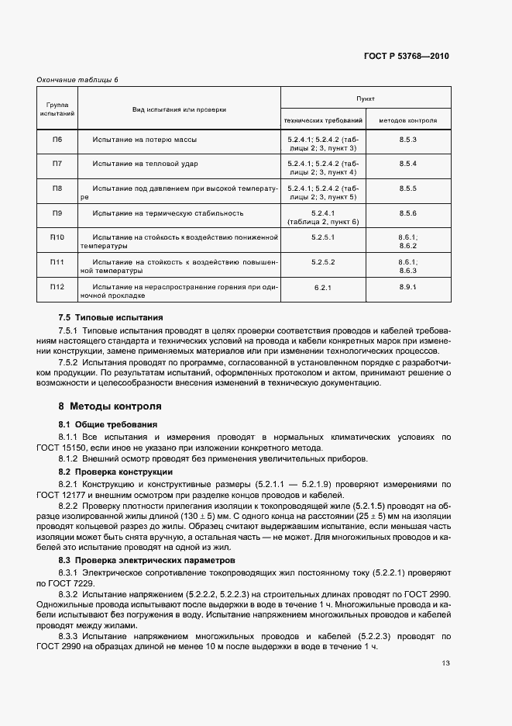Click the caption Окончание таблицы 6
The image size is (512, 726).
click(x=77, y=80)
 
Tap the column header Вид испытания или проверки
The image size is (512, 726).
click(x=179, y=110)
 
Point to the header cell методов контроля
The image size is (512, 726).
click(x=408, y=121)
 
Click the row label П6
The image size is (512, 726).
click(x=57, y=140)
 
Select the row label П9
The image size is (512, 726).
click(x=57, y=213)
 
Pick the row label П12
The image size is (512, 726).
click(x=57, y=287)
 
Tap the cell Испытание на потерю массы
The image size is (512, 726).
click(x=144, y=140)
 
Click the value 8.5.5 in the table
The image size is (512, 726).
click(x=408, y=188)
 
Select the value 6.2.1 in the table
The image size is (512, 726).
click(x=323, y=288)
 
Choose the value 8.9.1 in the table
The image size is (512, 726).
click(x=408, y=287)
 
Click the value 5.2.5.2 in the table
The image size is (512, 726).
click(x=323, y=262)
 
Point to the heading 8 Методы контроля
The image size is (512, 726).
click(x=110, y=406)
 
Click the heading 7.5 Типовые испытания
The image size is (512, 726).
click(x=111, y=317)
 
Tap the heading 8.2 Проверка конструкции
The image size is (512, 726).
click(x=115, y=472)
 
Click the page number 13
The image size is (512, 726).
click(x=446, y=663)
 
